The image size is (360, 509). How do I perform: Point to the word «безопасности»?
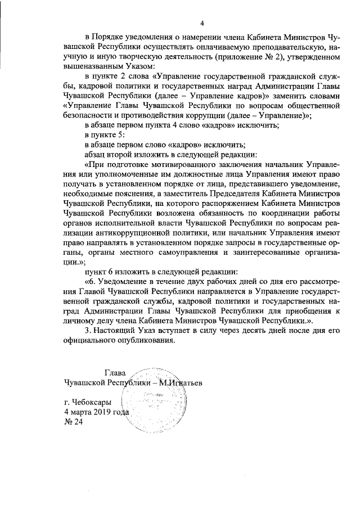click(92, 115)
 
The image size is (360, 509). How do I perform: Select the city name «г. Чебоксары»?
click(88, 403)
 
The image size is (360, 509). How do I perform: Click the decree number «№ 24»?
click(74, 423)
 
